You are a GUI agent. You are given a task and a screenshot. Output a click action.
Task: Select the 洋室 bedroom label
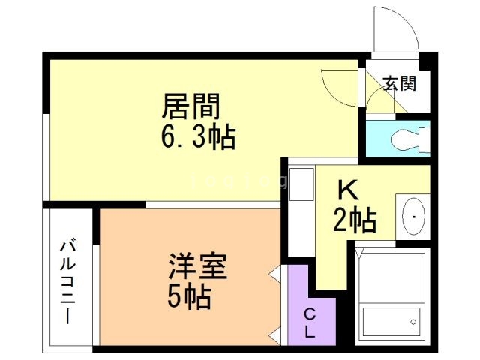[197, 268]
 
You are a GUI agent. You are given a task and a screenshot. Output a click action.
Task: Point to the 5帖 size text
[188, 298]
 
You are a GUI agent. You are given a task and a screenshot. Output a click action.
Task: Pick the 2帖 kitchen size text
[355, 220]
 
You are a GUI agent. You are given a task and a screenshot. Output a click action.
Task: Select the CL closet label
[310, 322]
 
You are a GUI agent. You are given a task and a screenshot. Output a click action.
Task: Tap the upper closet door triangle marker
[276, 273]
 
